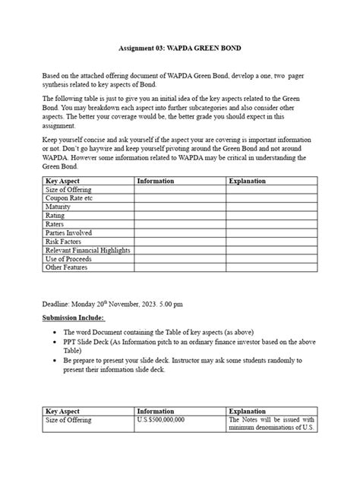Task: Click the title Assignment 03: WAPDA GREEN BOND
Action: click(180, 48)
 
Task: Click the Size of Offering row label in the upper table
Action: click(68, 191)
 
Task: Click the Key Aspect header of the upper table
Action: click(63, 182)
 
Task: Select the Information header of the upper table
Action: click(156, 182)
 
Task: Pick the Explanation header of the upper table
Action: click(247, 182)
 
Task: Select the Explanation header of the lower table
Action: click(248, 411)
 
